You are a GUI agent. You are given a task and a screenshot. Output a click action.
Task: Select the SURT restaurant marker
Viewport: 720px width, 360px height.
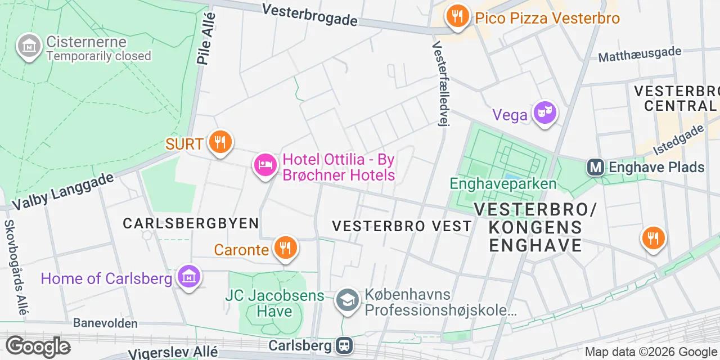(x=220, y=142)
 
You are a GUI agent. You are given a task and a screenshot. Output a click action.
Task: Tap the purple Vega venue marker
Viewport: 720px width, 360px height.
(x=544, y=113)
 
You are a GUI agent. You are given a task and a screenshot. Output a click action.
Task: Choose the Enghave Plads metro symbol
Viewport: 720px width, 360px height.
(x=596, y=167)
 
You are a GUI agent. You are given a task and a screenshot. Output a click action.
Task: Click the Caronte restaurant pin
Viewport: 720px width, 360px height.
(x=286, y=247)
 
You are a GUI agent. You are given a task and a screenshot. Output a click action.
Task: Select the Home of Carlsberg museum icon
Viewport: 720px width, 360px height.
(x=189, y=277)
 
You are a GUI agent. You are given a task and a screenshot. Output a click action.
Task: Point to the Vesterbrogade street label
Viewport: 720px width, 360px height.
(x=309, y=15)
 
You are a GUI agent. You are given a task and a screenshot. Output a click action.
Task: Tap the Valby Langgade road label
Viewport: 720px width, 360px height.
(x=63, y=191)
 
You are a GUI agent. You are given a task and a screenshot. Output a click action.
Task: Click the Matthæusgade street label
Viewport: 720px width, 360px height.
(x=640, y=55)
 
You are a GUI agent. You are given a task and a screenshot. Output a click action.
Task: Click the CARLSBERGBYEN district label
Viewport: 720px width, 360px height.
(x=191, y=223)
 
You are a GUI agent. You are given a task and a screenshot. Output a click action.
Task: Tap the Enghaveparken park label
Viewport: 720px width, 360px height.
(x=503, y=184)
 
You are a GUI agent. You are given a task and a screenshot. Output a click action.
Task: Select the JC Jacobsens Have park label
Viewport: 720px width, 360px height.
(x=275, y=303)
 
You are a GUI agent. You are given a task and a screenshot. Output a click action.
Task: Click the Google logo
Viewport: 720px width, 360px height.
(x=38, y=346)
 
